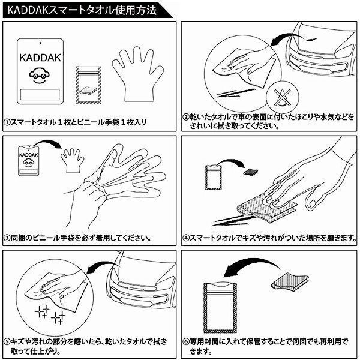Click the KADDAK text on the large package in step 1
tap(40, 58)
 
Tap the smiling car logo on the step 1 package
tap(40, 75)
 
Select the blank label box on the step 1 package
tap(40, 95)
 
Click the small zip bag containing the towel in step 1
tap(88, 85)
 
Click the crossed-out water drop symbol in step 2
tap(283, 97)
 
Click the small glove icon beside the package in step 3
tap(72, 160)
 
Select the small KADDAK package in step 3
tap(29, 160)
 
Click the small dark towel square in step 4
tap(250, 172)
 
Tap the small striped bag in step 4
tap(214, 177)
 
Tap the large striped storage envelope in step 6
tap(220, 308)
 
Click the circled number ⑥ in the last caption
tap(186, 342)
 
